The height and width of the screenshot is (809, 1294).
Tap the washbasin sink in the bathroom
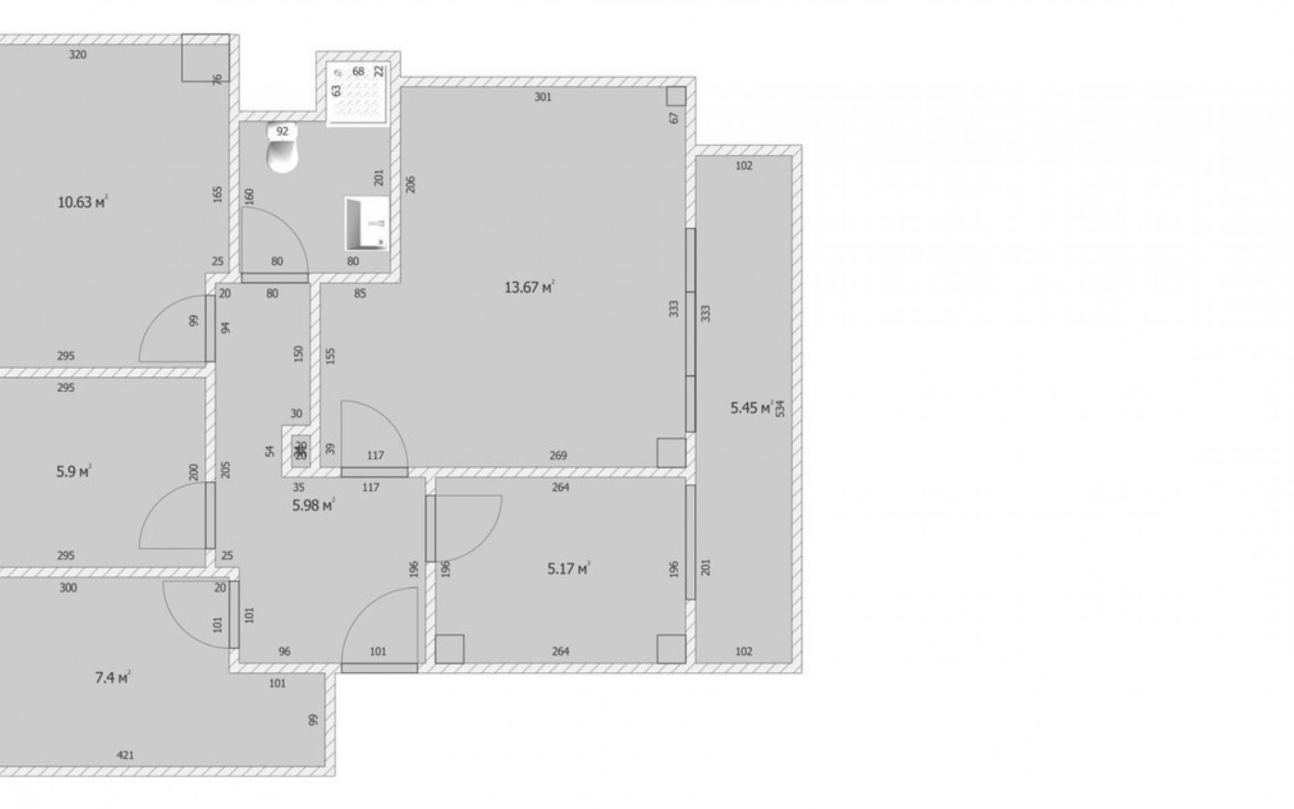tap(367, 222)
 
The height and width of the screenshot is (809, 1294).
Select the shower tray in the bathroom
tap(358, 94)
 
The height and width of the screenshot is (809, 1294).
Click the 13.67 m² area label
tap(529, 288)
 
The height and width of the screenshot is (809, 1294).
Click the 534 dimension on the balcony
tap(780, 409)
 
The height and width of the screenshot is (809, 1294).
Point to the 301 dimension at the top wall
tap(543, 97)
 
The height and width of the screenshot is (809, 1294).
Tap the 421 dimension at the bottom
tap(125, 755)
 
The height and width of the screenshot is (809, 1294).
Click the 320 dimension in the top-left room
tap(78, 55)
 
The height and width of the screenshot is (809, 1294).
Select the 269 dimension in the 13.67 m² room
tap(558, 456)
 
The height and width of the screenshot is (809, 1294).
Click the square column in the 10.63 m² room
tap(206, 58)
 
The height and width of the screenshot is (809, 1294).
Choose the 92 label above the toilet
tap(282, 131)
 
